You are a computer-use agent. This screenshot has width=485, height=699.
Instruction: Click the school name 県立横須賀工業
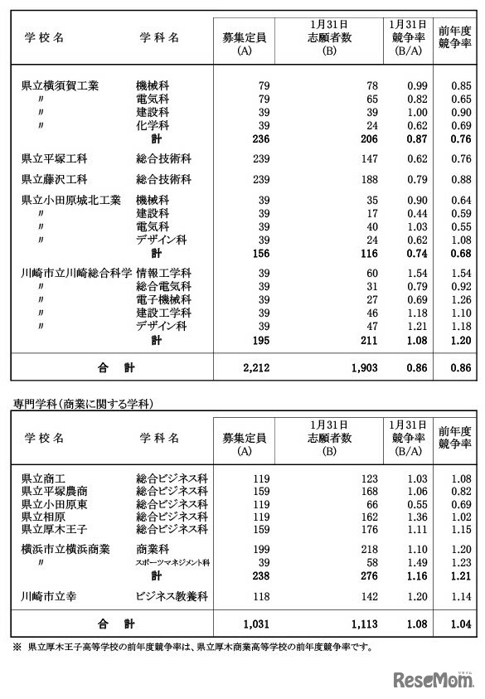(60, 86)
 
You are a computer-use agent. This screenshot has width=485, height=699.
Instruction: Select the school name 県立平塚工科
(55, 157)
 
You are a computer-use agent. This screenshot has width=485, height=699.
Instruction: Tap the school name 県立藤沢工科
(55, 179)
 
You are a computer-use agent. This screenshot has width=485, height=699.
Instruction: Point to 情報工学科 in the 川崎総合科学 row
(164, 273)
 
